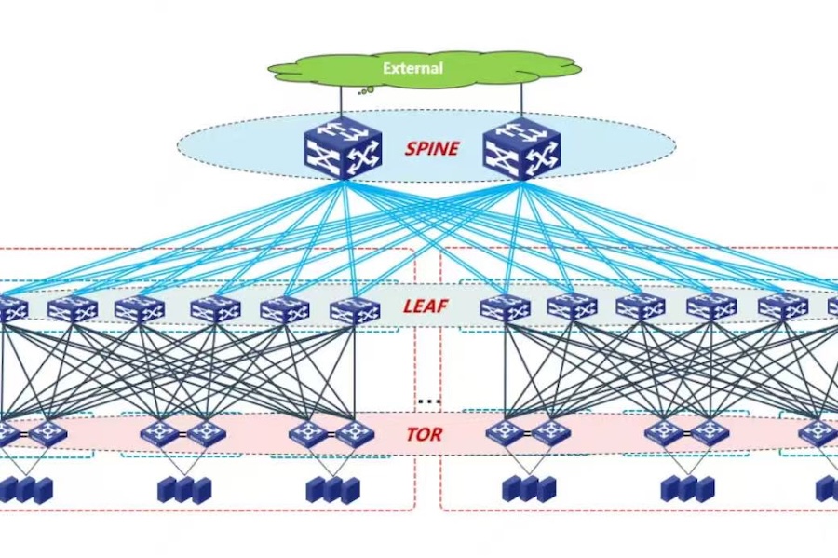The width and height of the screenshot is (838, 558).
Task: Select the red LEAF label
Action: pos(426,306)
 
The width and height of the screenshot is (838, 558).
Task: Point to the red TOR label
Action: pos(424,434)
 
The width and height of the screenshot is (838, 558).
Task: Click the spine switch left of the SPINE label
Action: pos(342,149)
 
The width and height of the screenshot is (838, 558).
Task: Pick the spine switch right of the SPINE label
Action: pos(521,149)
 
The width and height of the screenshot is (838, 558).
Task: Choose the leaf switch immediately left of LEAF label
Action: pos(355,309)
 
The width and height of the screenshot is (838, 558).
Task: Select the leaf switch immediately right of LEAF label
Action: pos(506,307)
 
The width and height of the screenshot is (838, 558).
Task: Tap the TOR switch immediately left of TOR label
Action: pos(355,433)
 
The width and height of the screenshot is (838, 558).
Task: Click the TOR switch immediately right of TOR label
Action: pos(504,433)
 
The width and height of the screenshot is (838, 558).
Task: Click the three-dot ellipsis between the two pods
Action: pos(428,401)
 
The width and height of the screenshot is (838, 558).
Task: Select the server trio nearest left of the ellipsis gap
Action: pos(332,489)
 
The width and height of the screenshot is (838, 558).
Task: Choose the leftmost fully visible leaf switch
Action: pos(73,309)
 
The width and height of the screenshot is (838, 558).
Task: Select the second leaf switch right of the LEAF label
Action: pos(572,307)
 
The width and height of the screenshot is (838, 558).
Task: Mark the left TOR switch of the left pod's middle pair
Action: pos(159,433)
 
